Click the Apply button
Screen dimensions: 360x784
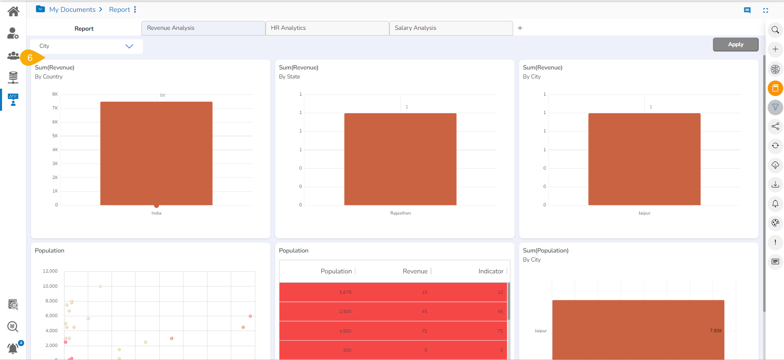[x=735, y=45]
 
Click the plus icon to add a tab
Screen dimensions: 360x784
[x=520, y=28]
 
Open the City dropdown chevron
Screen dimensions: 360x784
[x=129, y=46]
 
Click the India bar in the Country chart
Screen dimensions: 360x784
[x=156, y=153]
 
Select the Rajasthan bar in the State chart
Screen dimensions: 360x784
[x=400, y=159]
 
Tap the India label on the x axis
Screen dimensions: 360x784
[x=156, y=213]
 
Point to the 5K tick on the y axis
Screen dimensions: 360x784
[x=55, y=136]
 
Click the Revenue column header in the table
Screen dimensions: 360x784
[x=415, y=271]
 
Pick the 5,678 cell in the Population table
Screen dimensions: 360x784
[x=345, y=292]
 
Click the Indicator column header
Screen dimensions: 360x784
[x=491, y=271]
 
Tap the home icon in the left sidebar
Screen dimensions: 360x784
[x=13, y=11]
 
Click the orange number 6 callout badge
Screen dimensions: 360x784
[x=30, y=58]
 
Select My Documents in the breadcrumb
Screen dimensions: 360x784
[x=72, y=9]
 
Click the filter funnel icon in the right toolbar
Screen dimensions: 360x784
[x=775, y=107]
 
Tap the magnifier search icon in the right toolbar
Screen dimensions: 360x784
[x=775, y=30]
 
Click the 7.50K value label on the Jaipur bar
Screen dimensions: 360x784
[x=716, y=331]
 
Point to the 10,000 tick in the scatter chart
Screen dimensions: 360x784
[x=50, y=286]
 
